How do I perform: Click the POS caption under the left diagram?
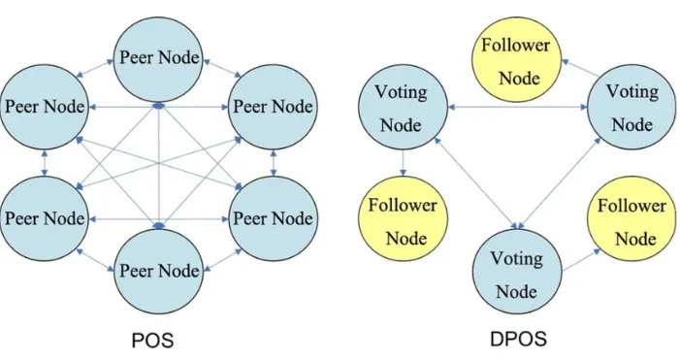[156, 341]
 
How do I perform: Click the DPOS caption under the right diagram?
[519, 341]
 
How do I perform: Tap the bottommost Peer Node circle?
[159, 269]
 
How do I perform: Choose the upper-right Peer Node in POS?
[272, 107]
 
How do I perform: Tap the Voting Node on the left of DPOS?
[402, 110]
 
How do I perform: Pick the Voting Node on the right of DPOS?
[631, 109]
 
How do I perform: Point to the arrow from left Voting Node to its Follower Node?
[402, 165]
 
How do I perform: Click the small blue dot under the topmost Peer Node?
[159, 104]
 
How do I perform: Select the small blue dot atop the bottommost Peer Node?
[159, 224]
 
